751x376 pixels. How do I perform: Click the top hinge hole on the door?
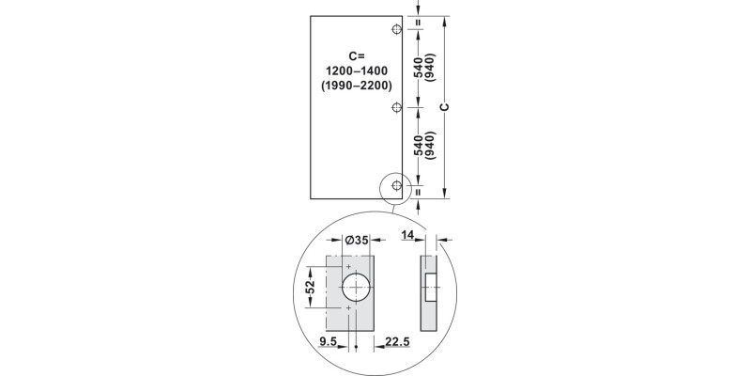pos(397,29)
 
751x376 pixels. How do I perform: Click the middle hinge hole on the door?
pos(397,107)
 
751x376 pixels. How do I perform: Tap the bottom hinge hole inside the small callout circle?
pos(397,185)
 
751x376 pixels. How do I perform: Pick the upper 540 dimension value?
pos(418,68)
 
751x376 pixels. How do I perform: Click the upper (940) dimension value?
pos(430,68)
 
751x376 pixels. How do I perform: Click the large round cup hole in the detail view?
pos(357,287)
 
